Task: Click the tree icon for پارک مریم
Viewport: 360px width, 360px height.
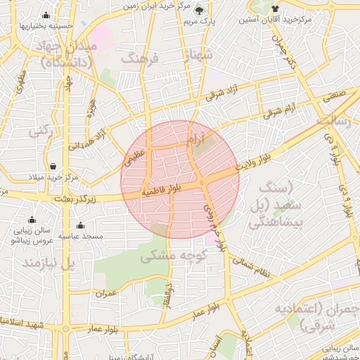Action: click(x=199, y=10)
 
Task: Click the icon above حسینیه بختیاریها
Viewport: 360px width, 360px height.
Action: click(x=46, y=15)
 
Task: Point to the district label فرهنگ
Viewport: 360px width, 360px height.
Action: click(x=141, y=58)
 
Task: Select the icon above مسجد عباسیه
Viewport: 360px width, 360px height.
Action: click(x=80, y=226)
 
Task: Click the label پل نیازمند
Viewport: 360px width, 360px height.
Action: click(x=49, y=264)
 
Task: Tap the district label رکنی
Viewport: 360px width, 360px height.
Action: click(x=39, y=131)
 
